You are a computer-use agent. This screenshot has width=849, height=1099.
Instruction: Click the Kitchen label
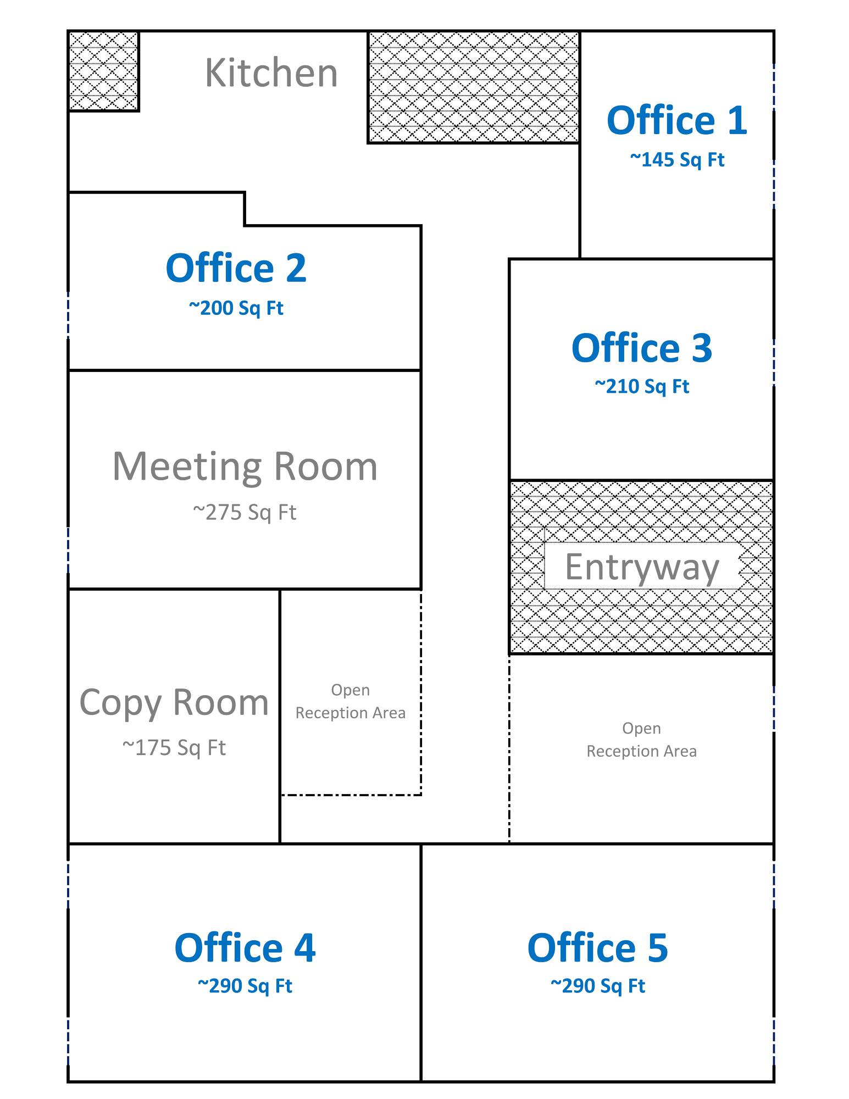pyautogui.click(x=271, y=73)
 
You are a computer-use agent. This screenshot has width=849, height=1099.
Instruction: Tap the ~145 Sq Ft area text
pyautogui.click(x=677, y=159)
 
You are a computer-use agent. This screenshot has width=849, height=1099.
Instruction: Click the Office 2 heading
pyautogui.click(x=236, y=268)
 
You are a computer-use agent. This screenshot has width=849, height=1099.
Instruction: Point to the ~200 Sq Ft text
pyautogui.click(x=236, y=308)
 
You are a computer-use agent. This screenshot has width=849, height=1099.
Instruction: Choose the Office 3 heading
pyautogui.click(x=642, y=348)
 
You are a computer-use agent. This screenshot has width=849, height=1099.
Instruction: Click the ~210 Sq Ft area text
pyautogui.click(x=642, y=386)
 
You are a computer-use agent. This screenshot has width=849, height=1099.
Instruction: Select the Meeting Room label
pyautogui.click(x=245, y=467)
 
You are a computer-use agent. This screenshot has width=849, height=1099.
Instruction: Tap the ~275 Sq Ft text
pyautogui.click(x=245, y=512)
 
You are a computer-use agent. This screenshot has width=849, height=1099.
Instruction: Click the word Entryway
pyautogui.click(x=642, y=567)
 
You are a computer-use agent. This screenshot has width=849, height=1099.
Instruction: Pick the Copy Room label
pyautogui.click(x=174, y=702)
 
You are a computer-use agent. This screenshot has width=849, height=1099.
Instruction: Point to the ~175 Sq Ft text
pyautogui.click(x=174, y=747)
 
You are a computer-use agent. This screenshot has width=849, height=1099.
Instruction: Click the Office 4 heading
pyautogui.click(x=245, y=948)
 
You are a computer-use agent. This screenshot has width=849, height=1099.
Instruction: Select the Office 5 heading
pyautogui.click(x=597, y=948)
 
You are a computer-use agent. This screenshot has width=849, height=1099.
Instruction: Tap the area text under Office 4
pyautogui.click(x=245, y=986)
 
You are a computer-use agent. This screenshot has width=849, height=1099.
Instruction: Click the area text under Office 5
pyautogui.click(x=597, y=986)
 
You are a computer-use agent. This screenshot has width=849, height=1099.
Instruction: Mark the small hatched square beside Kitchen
pyautogui.click(x=103, y=71)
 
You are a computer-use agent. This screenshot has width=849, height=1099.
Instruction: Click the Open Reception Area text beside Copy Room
pyautogui.click(x=351, y=701)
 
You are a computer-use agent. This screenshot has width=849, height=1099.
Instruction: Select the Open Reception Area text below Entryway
pyautogui.click(x=641, y=740)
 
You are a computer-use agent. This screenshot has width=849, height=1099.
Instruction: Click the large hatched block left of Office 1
pyautogui.click(x=474, y=87)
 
